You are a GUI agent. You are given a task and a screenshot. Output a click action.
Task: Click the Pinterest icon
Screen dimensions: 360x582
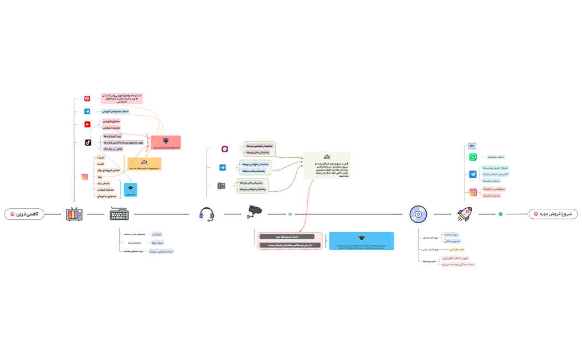87,99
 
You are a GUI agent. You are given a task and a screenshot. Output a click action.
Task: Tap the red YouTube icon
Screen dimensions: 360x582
87,124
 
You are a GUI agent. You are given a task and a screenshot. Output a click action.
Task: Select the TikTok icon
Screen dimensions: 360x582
87,142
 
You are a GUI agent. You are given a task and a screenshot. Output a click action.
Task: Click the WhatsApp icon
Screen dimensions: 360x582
473,157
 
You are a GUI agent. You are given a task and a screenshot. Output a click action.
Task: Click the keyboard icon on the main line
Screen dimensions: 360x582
120,214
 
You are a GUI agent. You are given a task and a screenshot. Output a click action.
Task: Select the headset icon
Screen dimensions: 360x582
207,214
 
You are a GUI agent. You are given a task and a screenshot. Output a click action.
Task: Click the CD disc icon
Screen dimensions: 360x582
418,214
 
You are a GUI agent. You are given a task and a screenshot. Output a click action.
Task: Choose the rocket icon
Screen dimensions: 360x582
464,214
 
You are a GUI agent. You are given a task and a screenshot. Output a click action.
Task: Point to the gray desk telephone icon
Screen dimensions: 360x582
221,186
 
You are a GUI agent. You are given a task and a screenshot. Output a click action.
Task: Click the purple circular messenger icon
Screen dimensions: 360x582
225,149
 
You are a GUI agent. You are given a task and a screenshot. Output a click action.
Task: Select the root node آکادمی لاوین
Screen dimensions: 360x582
25,214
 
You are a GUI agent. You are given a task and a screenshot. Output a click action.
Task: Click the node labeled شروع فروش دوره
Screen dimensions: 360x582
553,214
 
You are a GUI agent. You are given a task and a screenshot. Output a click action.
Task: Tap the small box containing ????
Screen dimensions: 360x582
472,146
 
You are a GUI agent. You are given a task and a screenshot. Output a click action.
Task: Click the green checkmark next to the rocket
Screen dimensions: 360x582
501,214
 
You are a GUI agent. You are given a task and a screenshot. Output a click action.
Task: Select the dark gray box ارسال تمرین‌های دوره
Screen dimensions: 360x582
286,236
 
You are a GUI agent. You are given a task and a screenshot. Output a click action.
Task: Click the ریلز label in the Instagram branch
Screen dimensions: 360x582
100,177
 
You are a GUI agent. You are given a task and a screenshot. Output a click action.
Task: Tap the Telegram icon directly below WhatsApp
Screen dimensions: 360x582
473,174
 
